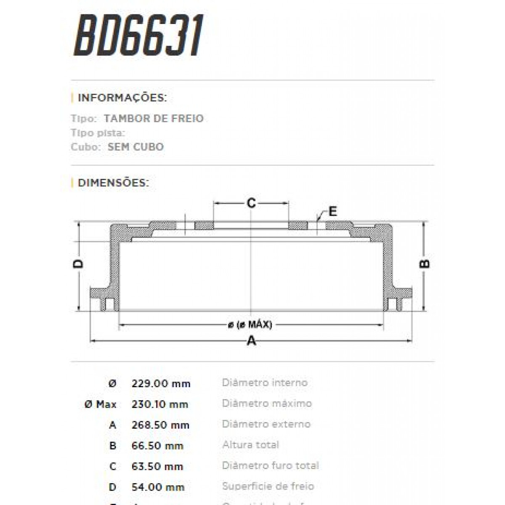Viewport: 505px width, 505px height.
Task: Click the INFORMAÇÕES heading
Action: tap(122, 98)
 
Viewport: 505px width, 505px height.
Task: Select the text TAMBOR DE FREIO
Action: tap(154, 119)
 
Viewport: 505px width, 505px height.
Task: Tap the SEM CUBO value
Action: tap(136, 147)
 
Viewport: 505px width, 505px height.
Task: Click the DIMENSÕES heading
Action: tap(113, 183)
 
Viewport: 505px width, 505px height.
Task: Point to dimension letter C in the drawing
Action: tap(251, 204)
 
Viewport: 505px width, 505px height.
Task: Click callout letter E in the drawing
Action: tap(332, 211)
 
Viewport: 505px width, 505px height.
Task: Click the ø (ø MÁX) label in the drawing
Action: tap(250, 325)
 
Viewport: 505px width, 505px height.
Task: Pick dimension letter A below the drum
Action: tap(251, 340)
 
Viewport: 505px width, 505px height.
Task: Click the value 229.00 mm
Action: tap(161, 384)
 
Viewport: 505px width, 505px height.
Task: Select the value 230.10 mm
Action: tap(159, 404)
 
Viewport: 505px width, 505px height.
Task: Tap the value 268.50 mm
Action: tap(160, 425)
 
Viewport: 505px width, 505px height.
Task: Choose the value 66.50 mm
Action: tap(157, 446)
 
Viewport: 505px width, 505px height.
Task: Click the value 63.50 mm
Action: tap(157, 466)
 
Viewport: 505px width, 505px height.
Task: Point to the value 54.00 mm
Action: tap(158, 487)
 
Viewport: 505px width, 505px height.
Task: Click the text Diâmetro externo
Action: tap(266, 424)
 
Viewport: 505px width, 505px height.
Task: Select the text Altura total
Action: tap(250, 445)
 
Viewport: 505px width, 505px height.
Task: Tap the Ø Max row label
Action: tap(100, 404)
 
